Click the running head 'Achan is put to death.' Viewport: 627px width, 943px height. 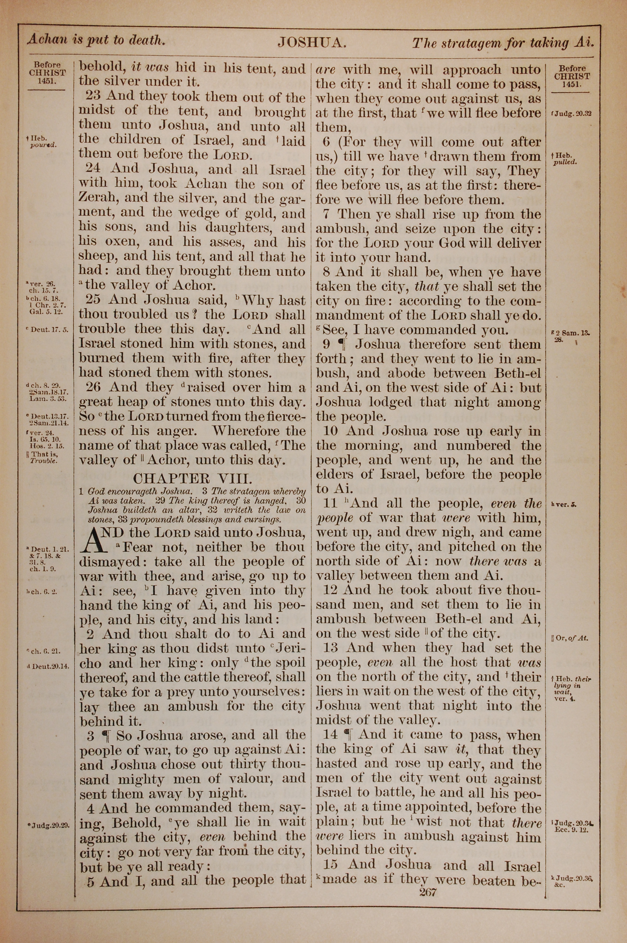point(96,40)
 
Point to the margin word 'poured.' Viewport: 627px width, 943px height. point(43,145)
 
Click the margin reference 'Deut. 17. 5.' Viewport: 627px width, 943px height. point(47,330)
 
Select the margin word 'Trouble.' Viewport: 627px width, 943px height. point(44,461)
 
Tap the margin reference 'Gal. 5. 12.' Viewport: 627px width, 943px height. point(46,312)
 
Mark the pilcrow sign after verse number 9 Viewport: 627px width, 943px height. point(341,344)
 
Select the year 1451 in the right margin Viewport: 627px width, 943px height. point(571,84)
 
